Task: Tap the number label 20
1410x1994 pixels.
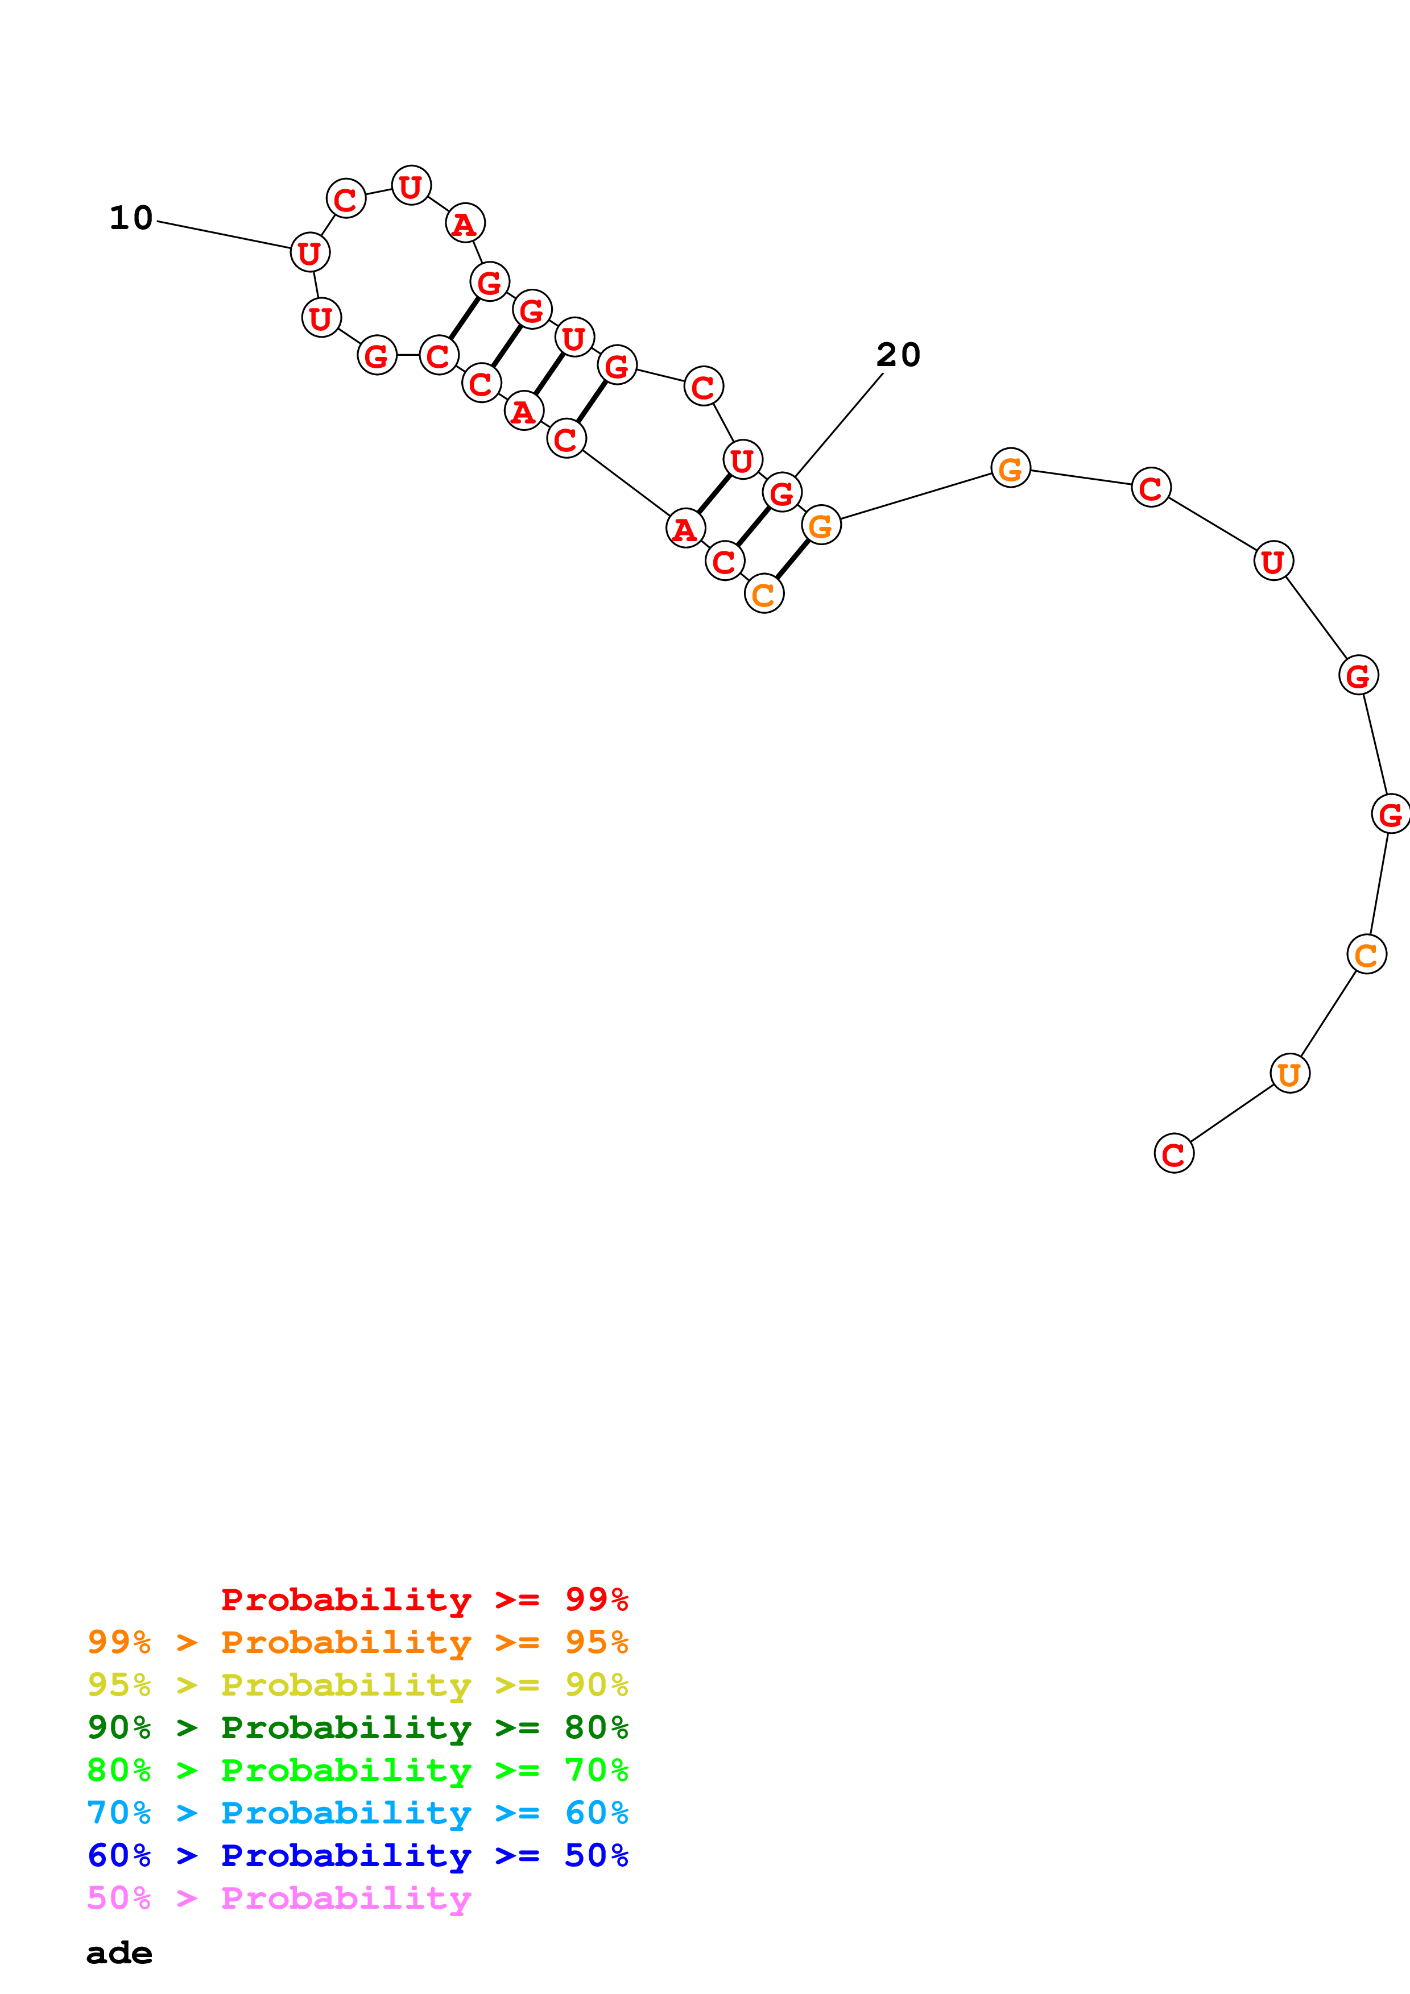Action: tap(898, 354)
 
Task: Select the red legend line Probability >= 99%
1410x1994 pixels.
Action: tap(424, 1599)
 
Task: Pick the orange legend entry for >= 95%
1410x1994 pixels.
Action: tap(358, 1642)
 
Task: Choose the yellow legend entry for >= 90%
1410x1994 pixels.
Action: tap(358, 1684)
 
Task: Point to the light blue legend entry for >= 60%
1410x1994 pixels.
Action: tap(358, 1813)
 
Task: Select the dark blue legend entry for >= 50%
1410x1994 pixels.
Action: tap(358, 1855)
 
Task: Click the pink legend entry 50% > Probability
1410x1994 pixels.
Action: tap(279, 1897)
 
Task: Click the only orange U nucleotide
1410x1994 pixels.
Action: tap(1289, 1073)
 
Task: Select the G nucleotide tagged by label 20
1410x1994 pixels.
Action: tap(782, 492)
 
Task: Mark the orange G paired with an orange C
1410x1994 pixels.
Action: tap(821, 525)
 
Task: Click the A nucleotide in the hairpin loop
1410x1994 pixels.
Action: tap(465, 223)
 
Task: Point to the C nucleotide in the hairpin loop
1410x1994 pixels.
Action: tap(346, 199)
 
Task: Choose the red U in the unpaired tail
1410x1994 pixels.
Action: tap(1273, 561)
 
